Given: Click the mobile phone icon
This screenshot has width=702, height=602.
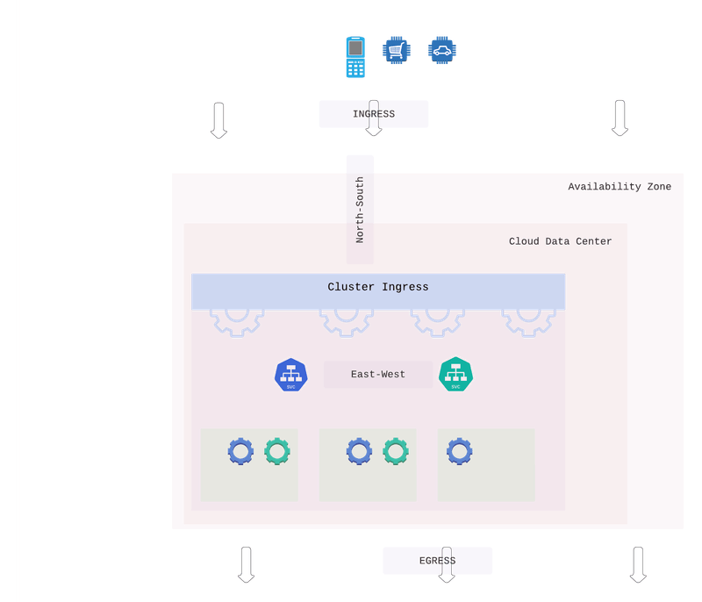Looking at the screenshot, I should [355, 58].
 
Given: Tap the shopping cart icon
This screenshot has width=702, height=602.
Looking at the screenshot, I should [396, 50].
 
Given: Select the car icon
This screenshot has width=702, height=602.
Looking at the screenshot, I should [441, 50].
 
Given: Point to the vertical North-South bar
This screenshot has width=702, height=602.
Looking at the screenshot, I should [360, 210].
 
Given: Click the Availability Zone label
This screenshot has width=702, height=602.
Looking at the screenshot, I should [619, 187].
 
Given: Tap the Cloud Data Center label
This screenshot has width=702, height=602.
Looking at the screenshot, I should [560, 241].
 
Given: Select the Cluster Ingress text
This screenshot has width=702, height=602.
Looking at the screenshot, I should [378, 287].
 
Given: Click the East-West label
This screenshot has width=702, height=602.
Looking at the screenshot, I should [378, 375].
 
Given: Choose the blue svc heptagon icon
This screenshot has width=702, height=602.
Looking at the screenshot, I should [291, 375].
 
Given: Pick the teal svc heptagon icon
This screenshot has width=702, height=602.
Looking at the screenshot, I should [455, 375].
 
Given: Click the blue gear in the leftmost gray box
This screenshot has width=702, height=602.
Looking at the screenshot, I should [240, 452].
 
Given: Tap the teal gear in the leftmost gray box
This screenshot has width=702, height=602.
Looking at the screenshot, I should [277, 452].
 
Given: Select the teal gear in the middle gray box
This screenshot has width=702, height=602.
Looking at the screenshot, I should [396, 452].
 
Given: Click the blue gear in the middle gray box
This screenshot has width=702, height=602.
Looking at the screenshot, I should [359, 452].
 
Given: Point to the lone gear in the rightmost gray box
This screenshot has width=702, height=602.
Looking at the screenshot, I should [459, 452].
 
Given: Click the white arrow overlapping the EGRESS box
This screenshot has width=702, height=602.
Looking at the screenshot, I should [446, 564].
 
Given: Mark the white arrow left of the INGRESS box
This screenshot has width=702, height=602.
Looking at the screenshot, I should [218, 119].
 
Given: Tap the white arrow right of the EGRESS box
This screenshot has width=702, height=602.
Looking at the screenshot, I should [638, 564].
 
